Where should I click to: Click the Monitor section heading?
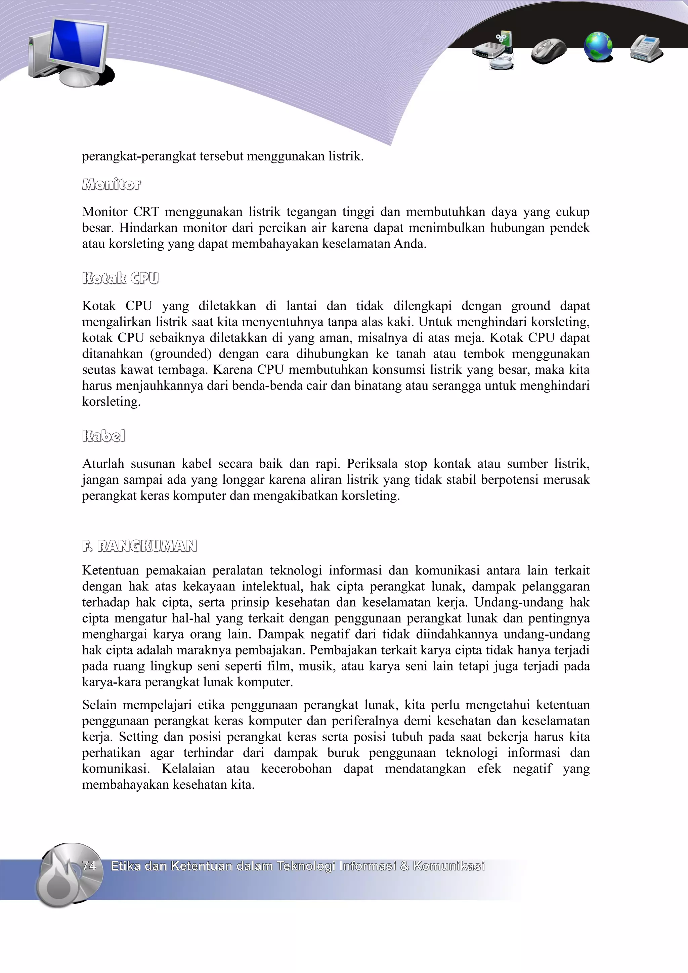tap(112, 184)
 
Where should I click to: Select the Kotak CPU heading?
tap(120, 278)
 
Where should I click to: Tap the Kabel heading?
tap(103, 436)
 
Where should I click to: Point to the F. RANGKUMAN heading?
tap(139, 546)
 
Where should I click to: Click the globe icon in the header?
tap(598, 46)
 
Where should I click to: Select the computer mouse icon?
tap(549, 50)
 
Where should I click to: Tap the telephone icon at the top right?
tap(646, 48)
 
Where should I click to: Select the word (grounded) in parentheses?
tap(181, 354)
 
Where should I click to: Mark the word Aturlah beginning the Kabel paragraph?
tap(103, 464)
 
